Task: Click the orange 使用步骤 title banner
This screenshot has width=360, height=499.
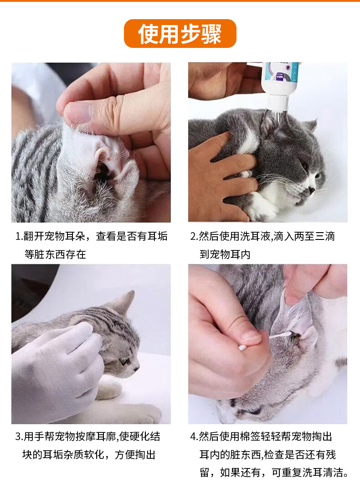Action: point(180,33)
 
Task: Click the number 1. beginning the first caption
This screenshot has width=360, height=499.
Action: point(19,236)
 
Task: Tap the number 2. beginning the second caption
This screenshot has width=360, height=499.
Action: point(194,236)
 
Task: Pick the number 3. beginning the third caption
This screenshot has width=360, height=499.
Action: point(19,437)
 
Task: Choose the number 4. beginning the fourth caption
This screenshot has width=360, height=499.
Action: point(194,437)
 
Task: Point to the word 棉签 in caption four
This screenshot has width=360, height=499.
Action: point(250,437)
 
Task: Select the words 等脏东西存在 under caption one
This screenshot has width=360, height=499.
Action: point(55,255)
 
